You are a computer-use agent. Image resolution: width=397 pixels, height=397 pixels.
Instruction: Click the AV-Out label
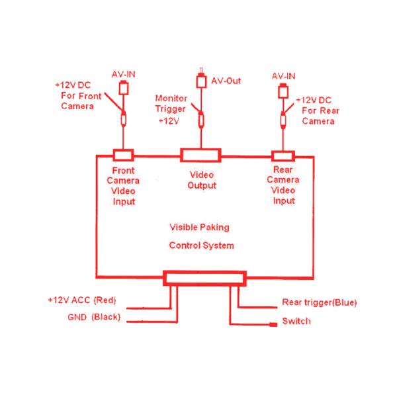[x=226, y=81]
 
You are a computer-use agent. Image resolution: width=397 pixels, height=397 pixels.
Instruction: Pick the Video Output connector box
[x=201, y=155]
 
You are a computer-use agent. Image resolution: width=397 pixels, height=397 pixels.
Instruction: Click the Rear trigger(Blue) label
[x=319, y=303]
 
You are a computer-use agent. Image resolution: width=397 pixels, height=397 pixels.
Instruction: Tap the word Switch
[x=296, y=322]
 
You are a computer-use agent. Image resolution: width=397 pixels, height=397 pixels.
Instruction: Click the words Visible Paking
[x=200, y=227]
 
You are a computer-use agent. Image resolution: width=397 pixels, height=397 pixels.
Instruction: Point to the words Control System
[x=202, y=245]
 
